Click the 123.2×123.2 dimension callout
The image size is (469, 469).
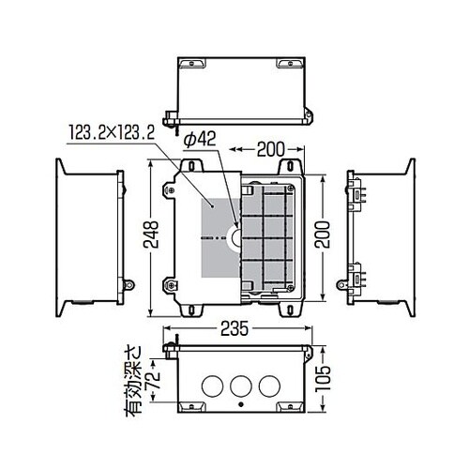[112, 133]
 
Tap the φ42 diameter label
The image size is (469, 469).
[200, 139]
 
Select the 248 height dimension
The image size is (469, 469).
[151, 234]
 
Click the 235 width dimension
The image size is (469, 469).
[234, 328]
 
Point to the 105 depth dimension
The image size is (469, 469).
[323, 378]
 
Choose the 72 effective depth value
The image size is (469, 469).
[154, 379]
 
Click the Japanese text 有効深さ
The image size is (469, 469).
[134, 381]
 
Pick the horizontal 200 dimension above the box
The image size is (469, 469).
[271, 149]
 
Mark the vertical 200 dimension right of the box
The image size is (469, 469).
[323, 234]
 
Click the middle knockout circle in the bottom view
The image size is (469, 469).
[241, 386]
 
